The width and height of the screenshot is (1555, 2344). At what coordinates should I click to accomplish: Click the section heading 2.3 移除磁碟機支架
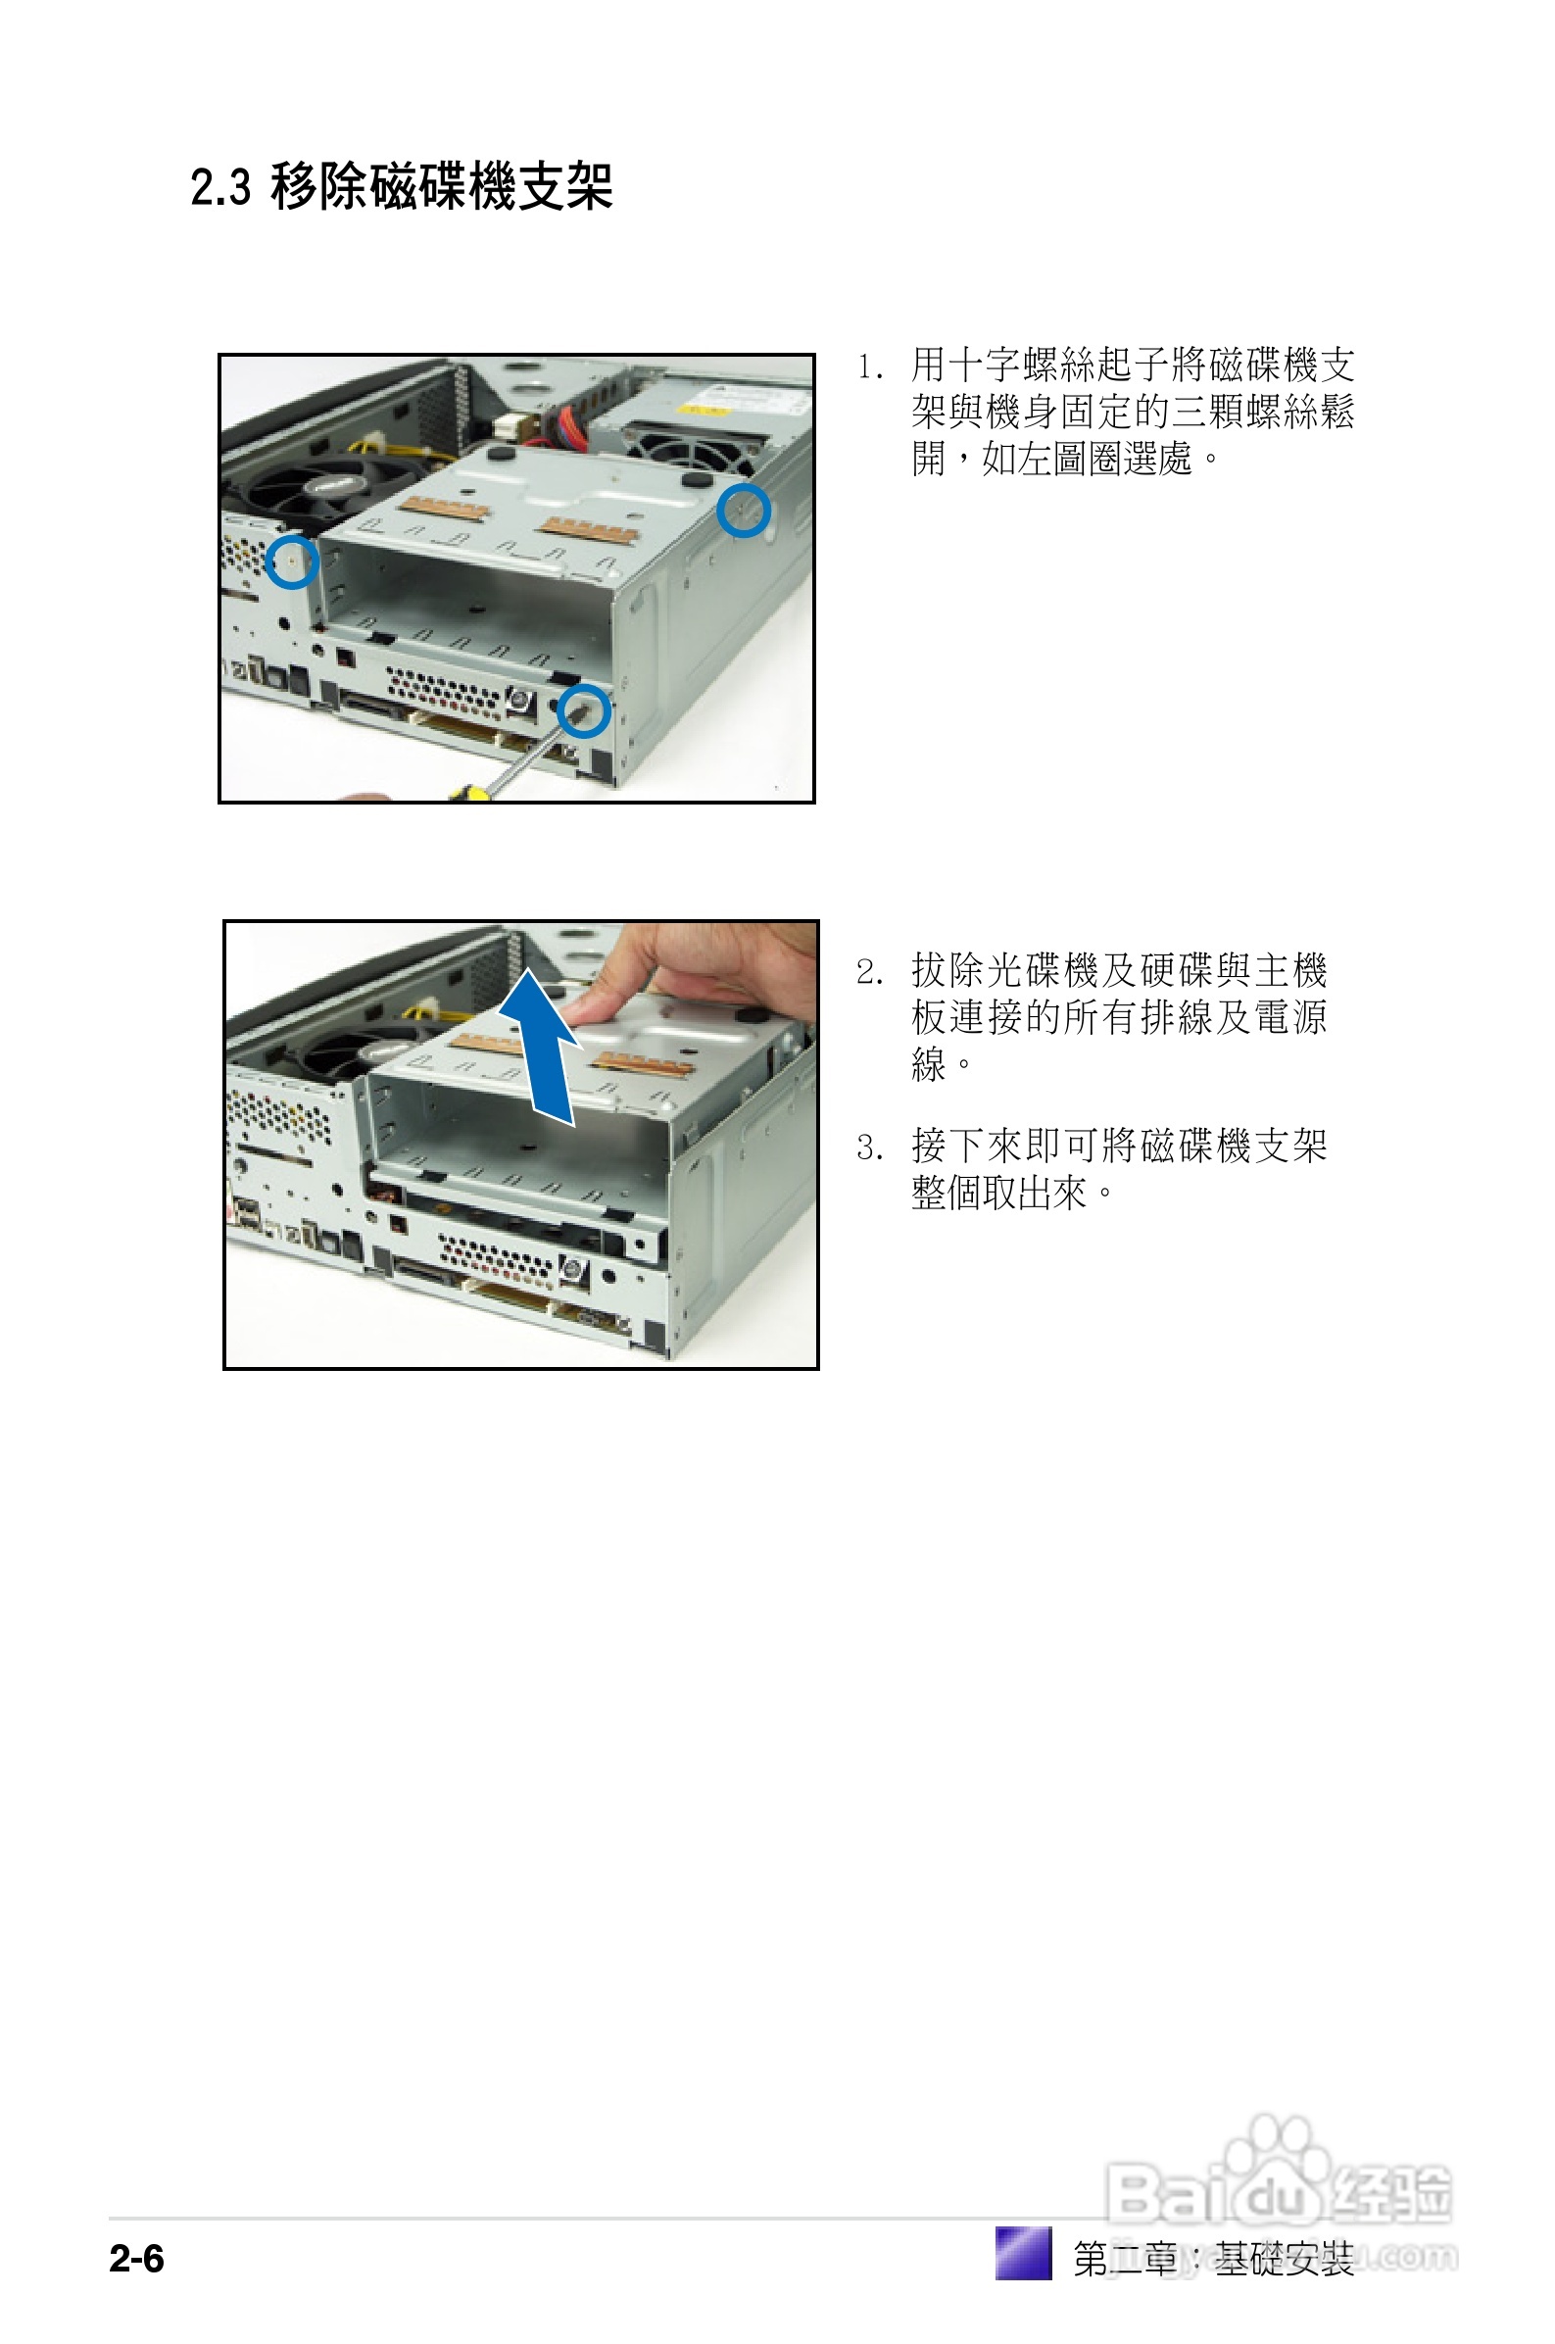click(x=402, y=186)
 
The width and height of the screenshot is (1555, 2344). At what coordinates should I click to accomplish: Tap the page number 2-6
click(x=137, y=2258)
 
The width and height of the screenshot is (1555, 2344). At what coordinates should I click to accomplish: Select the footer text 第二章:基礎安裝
click(x=1213, y=2258)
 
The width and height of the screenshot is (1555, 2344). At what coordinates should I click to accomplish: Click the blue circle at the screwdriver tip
click(x=583, y=709)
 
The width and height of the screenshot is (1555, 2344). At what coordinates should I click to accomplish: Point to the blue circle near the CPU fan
click(x=292, y=562)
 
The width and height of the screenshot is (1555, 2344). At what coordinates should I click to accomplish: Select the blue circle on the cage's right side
click(x=744, y=511)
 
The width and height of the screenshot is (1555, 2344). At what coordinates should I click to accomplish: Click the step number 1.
click(x=869, y=366)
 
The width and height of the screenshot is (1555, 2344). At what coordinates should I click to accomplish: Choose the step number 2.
click(x=869, y=972)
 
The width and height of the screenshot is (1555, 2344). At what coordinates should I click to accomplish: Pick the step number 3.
click(x=869, y=1148)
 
